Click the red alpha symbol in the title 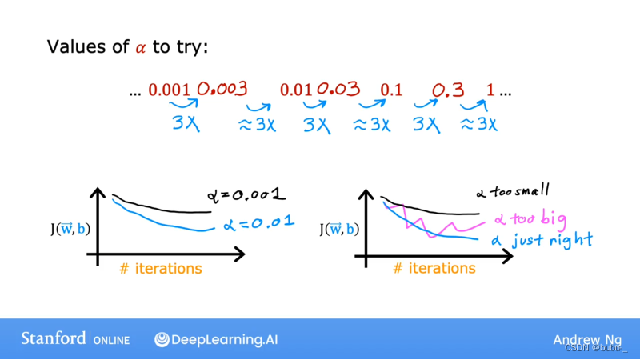141,48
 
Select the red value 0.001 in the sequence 169,90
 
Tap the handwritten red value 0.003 222,89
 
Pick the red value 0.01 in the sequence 296,90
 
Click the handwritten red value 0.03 338,89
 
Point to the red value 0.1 391,90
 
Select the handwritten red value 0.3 448,90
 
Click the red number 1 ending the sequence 490,90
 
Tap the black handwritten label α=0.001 246,194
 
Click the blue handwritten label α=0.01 258,223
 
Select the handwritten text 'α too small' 513,191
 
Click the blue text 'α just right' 542,241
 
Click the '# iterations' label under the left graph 161,269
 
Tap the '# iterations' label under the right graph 434,268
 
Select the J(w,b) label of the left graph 70,229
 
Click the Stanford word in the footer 54,338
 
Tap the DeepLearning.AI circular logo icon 162,339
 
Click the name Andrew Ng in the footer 587,340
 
